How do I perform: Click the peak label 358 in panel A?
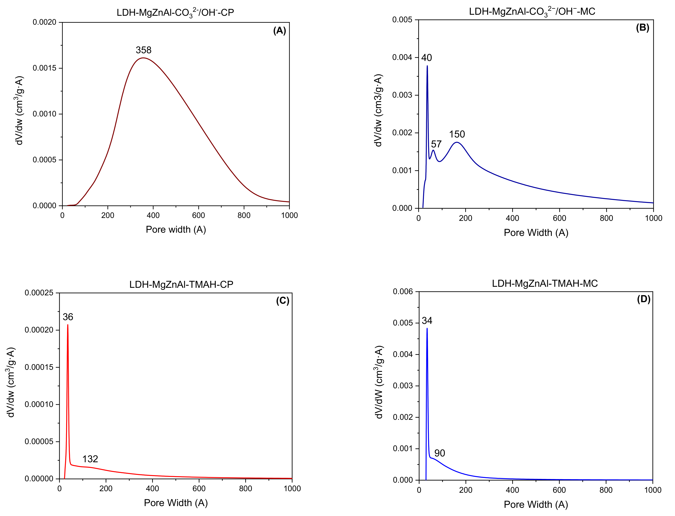pyautogui.click(x=143, y=50)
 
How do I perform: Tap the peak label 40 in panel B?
pyautogui.click(x=426, y=58)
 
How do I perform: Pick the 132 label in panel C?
pyautogui.click(x=90, y=459)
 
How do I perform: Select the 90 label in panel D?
pyautogui.click(x=440, y=453)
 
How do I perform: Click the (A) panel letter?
pyautogui.click(x=279, y=31)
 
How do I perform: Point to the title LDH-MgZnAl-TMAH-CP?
pyautogui.click(x=181, y=284)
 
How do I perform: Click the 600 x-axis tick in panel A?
pyautogui.click(x=198, y=216)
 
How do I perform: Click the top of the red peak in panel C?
pyautogui.click(x=68, y=325)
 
